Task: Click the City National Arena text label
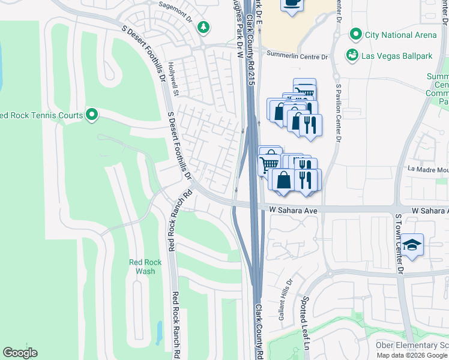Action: (x=401, y=35)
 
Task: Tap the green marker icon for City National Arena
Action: (x=357, y=34)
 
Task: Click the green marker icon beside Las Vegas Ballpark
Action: (x=352, y=55)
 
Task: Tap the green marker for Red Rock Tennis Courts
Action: (x=92, y=114)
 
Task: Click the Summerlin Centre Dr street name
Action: (x=298, y=57)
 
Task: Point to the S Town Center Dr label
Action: (x=399, y=239)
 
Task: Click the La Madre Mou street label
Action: (x=429, y=169)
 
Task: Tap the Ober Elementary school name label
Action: (x=412, y=345)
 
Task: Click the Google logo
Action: (x=20, y=353)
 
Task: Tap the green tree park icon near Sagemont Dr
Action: (x=204, y=27)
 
